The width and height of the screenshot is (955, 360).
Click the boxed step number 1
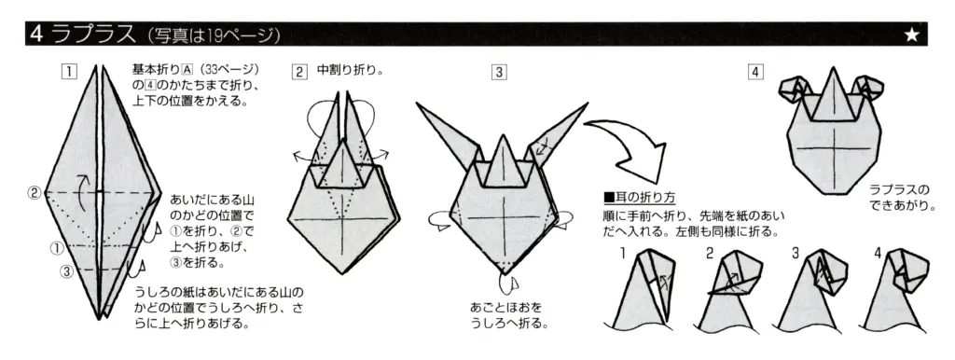(x=68, y=71)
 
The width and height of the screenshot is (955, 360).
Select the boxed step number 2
(x=298, y=71)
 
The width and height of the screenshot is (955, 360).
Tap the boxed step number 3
(x=500, y=71)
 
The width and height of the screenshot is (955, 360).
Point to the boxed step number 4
(x=756, y=71)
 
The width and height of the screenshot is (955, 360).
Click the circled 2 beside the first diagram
(x=35, y=193)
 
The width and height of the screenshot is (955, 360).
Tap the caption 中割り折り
(x=351, y=70)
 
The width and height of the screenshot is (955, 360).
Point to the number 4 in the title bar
(x=36, y=35)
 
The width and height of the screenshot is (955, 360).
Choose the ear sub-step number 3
(x=795, y=253)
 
